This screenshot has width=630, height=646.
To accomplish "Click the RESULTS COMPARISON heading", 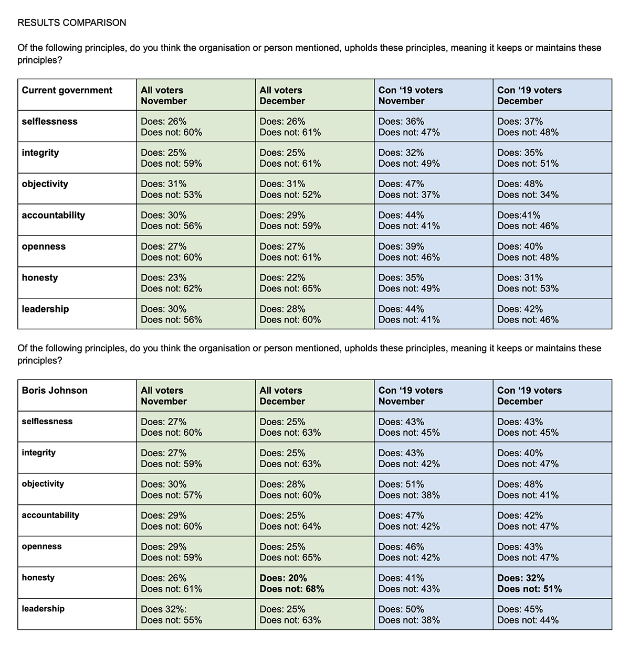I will click(x=72, y=23).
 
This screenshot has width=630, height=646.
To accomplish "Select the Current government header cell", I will click(x=67, y=90).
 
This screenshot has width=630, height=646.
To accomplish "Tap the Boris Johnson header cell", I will click(x=55, y=391).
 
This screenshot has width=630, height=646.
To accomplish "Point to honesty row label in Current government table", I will click(x=40, y=278).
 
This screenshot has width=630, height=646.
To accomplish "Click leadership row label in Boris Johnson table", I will click(x=43, y=609).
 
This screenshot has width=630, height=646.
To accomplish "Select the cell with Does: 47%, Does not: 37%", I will click(x=409, y=189).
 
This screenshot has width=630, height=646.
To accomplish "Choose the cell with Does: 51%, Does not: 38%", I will click(x=409, y=490).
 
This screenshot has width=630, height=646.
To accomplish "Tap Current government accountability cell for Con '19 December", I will click(x=528, y=221).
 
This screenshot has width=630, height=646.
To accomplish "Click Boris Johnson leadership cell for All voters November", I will click(x=171, y=615).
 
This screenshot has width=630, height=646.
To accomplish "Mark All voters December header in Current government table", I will click(x=282, y=95).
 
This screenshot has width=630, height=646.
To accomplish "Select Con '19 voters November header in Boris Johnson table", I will click(x=411, y=396).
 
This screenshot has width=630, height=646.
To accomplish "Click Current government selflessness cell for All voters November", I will click(x=171, y=127).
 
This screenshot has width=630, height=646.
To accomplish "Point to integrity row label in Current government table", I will click(x=40, y=153).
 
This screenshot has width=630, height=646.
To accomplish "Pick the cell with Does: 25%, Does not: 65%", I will click(x=290, y=552).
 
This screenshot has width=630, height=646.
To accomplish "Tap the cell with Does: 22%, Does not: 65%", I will click(x=290, y=283).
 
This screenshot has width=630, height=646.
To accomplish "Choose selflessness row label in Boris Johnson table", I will click(x=47, y=422).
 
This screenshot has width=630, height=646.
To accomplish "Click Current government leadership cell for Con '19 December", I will click(x=528, y=315).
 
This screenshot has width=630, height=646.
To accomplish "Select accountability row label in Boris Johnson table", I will click(x=50, y=515).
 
